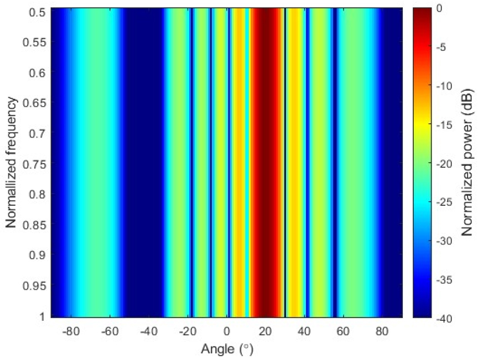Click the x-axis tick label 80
[382, 332]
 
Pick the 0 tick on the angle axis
[226, 332]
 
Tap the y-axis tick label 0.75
[36, 164]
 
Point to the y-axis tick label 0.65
[36, 103]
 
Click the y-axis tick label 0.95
[36, 286]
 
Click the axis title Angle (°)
[226, 349]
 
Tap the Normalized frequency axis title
[12, 164]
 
